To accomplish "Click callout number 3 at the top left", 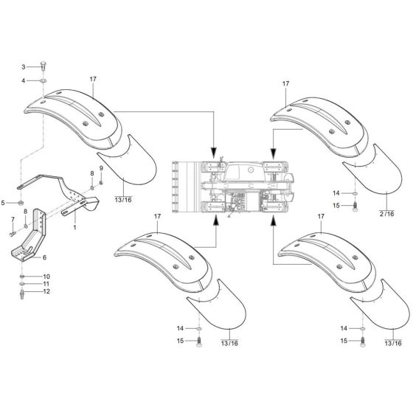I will [23, 66].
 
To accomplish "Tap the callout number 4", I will [23, 80].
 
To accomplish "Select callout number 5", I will [4, 202].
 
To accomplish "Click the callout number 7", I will [13, 219].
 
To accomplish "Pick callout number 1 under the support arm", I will [74, 229].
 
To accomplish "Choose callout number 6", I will [44, 257].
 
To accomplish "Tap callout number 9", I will [101, 170].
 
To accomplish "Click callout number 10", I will [45, 277].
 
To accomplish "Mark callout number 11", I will [45, 284].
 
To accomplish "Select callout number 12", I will [45, 292].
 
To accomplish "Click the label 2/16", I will [386, 212].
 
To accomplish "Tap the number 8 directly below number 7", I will [26, 211].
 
